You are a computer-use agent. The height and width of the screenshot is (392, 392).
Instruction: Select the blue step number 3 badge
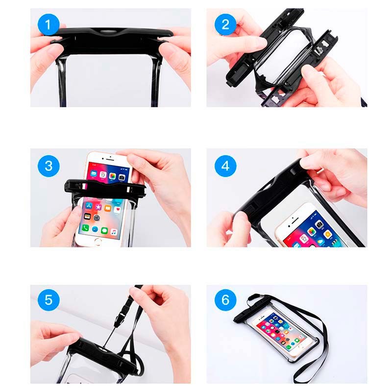pos(49,165)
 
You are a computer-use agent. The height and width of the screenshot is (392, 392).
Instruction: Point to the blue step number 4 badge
pos(225,165)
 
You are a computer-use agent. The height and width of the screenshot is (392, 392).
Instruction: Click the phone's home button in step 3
pos(100,241)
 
